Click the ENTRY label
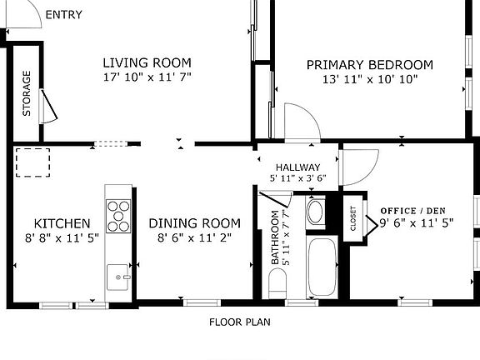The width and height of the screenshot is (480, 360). (63, 15)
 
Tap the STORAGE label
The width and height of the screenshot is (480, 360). (27, 93)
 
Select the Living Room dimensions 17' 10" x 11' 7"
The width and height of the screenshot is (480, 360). (147, 77)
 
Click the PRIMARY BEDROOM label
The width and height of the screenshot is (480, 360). (370, 65)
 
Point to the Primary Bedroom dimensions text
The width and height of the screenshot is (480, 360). (370, 80)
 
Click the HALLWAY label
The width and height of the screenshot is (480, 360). (297, 167)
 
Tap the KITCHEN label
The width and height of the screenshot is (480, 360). (62, 223)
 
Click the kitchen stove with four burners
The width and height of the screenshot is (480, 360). (118, 216)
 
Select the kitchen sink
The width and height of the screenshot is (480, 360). (117, 277)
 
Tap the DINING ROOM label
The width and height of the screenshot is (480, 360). (195, 223)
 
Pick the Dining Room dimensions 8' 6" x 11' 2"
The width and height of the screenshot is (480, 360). (195, 237)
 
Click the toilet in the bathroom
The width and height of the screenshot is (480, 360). (277, 283)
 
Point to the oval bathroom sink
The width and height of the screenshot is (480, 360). (315, 212)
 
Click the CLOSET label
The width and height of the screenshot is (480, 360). (353, 218)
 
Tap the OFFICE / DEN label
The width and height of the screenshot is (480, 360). (413, 211)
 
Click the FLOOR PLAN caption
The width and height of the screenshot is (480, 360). (240, 322)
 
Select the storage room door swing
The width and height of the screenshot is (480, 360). (49, 106)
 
